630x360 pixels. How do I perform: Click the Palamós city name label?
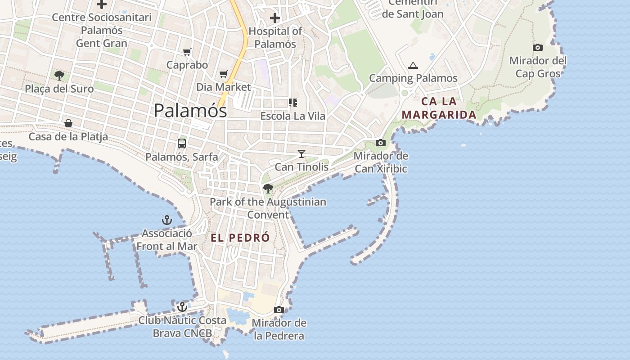click(x=190, y=111)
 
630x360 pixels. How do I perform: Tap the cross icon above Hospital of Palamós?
click(x=274, y=18)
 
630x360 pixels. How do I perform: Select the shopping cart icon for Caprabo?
click(x=187, y=52)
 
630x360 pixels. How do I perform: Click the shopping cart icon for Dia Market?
click(x=224, y=74)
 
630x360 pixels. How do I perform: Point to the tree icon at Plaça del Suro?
click(x=59, y=75)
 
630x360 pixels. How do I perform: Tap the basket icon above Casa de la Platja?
click(x=68, y=123)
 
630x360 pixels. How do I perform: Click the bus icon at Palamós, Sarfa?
click(x=182, y=144)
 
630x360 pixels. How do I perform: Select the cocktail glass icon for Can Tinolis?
click(x=301, y=154)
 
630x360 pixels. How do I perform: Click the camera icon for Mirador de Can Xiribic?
click(x=381, y=143)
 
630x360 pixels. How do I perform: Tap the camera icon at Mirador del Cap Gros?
click(x=538, y=47)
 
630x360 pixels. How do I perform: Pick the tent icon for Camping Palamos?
click(x=413, y=66)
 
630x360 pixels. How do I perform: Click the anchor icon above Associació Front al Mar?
click(x=167, y=220)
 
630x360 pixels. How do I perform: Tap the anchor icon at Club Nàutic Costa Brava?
click(x=182, y=307)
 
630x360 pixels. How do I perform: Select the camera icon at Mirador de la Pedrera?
click(x=279, y=310)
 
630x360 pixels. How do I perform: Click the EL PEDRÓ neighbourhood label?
click(x=240, y=238)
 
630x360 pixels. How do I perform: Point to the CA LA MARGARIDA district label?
click(x=439, y=108)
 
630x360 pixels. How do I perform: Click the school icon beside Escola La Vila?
click(x=293, y=103)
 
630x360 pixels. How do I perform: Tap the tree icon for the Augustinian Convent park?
click(x=268, y=188)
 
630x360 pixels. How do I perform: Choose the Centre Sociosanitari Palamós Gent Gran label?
click(x=102, y=30)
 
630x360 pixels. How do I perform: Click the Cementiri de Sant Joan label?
click(x=413, y=9)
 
